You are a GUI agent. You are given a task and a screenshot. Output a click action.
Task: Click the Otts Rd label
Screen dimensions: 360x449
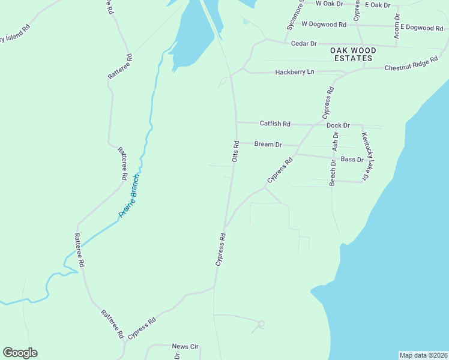236,151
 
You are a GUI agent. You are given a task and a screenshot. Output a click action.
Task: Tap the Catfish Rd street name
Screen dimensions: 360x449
275,124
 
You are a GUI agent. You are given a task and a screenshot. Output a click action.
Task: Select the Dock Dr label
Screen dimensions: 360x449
338,125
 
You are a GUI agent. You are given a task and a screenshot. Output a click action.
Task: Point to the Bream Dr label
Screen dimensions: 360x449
268,144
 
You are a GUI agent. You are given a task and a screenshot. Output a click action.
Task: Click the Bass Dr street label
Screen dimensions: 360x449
352,160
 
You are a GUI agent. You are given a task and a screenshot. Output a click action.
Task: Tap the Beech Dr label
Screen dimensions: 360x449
333,173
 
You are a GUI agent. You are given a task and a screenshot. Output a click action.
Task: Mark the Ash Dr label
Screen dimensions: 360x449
336,142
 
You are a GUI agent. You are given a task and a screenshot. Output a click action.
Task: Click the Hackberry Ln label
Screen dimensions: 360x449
294,72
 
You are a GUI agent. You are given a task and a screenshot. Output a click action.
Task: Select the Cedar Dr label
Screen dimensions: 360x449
303,44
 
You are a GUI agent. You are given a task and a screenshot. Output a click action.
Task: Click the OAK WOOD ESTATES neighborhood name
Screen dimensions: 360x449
353,55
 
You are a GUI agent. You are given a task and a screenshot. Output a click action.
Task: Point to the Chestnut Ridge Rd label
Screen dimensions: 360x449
411,65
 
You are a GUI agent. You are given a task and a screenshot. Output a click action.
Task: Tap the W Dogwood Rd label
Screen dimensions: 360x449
324,25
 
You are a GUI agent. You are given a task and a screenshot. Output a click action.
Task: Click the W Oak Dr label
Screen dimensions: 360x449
329,4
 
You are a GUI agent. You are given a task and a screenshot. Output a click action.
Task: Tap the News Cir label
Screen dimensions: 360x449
185,347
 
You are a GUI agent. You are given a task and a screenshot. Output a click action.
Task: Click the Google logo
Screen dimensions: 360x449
20,353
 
